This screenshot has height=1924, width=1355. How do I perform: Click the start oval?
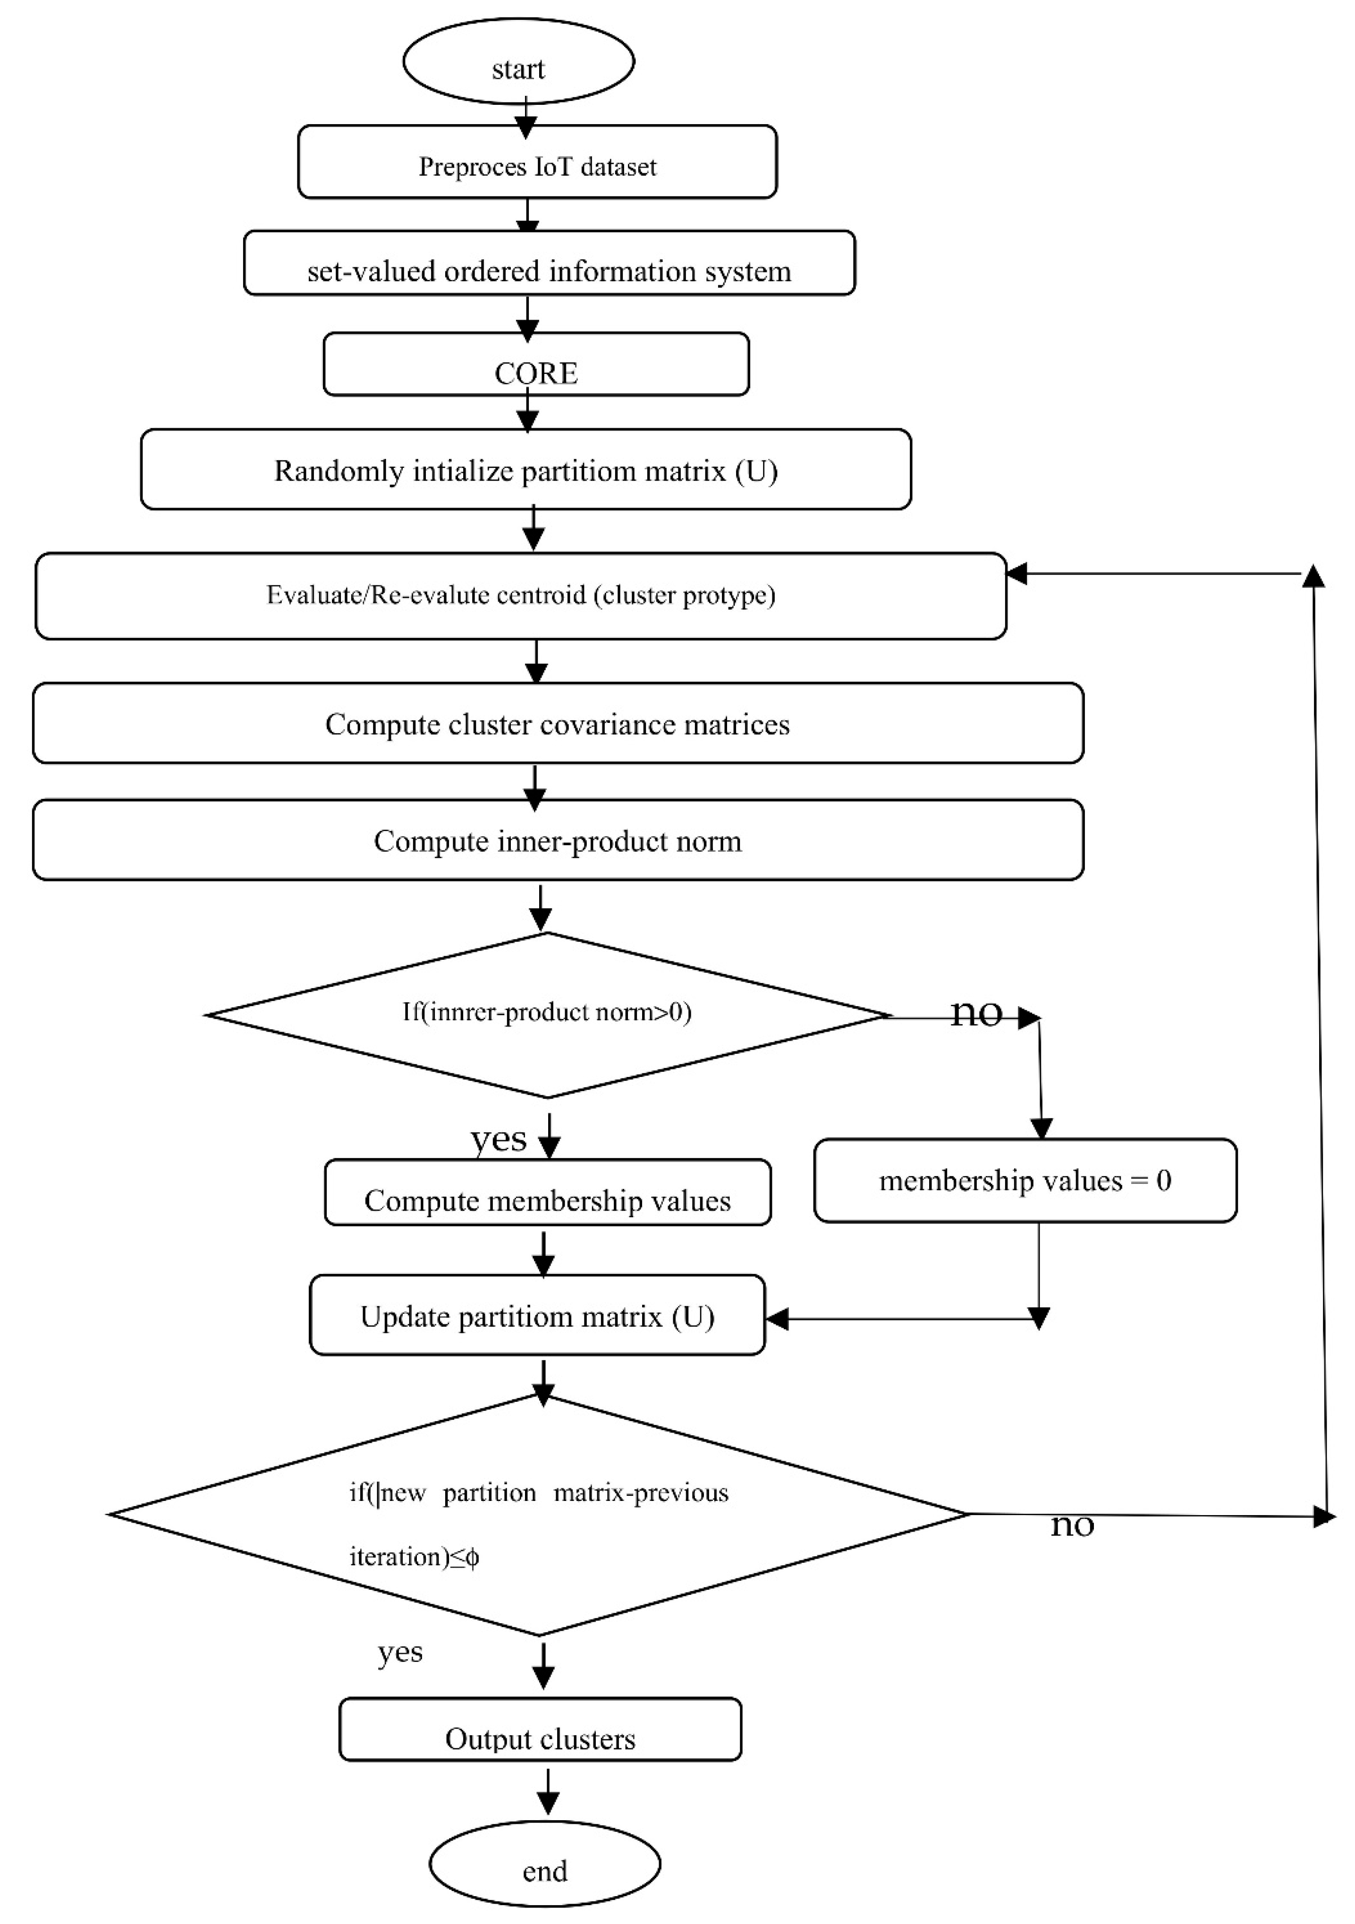[x=518, y=62]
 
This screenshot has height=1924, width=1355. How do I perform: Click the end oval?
[x=545, y=1864]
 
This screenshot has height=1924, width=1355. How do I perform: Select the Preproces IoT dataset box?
[x=537, y=162]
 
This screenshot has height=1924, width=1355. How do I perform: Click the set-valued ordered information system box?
[x=549, y=263]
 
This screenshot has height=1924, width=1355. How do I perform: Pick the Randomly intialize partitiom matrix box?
[x=525, y=469]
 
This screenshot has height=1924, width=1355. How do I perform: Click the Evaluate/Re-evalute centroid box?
[x=520, y=596]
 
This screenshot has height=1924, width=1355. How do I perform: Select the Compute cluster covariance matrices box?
[x=557, y=723]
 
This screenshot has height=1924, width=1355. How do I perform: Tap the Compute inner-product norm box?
[x=557, y=839]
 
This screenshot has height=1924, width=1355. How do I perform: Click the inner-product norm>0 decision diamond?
[x=546, y=1014]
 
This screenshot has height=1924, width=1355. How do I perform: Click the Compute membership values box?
[x=547, y=1193]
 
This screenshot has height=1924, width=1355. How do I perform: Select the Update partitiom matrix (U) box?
[x=537, y=1315]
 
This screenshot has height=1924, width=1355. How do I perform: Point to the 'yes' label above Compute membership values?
[x=499, y=1138]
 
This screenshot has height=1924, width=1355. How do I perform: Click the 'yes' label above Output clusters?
[x=400, y=1652]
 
